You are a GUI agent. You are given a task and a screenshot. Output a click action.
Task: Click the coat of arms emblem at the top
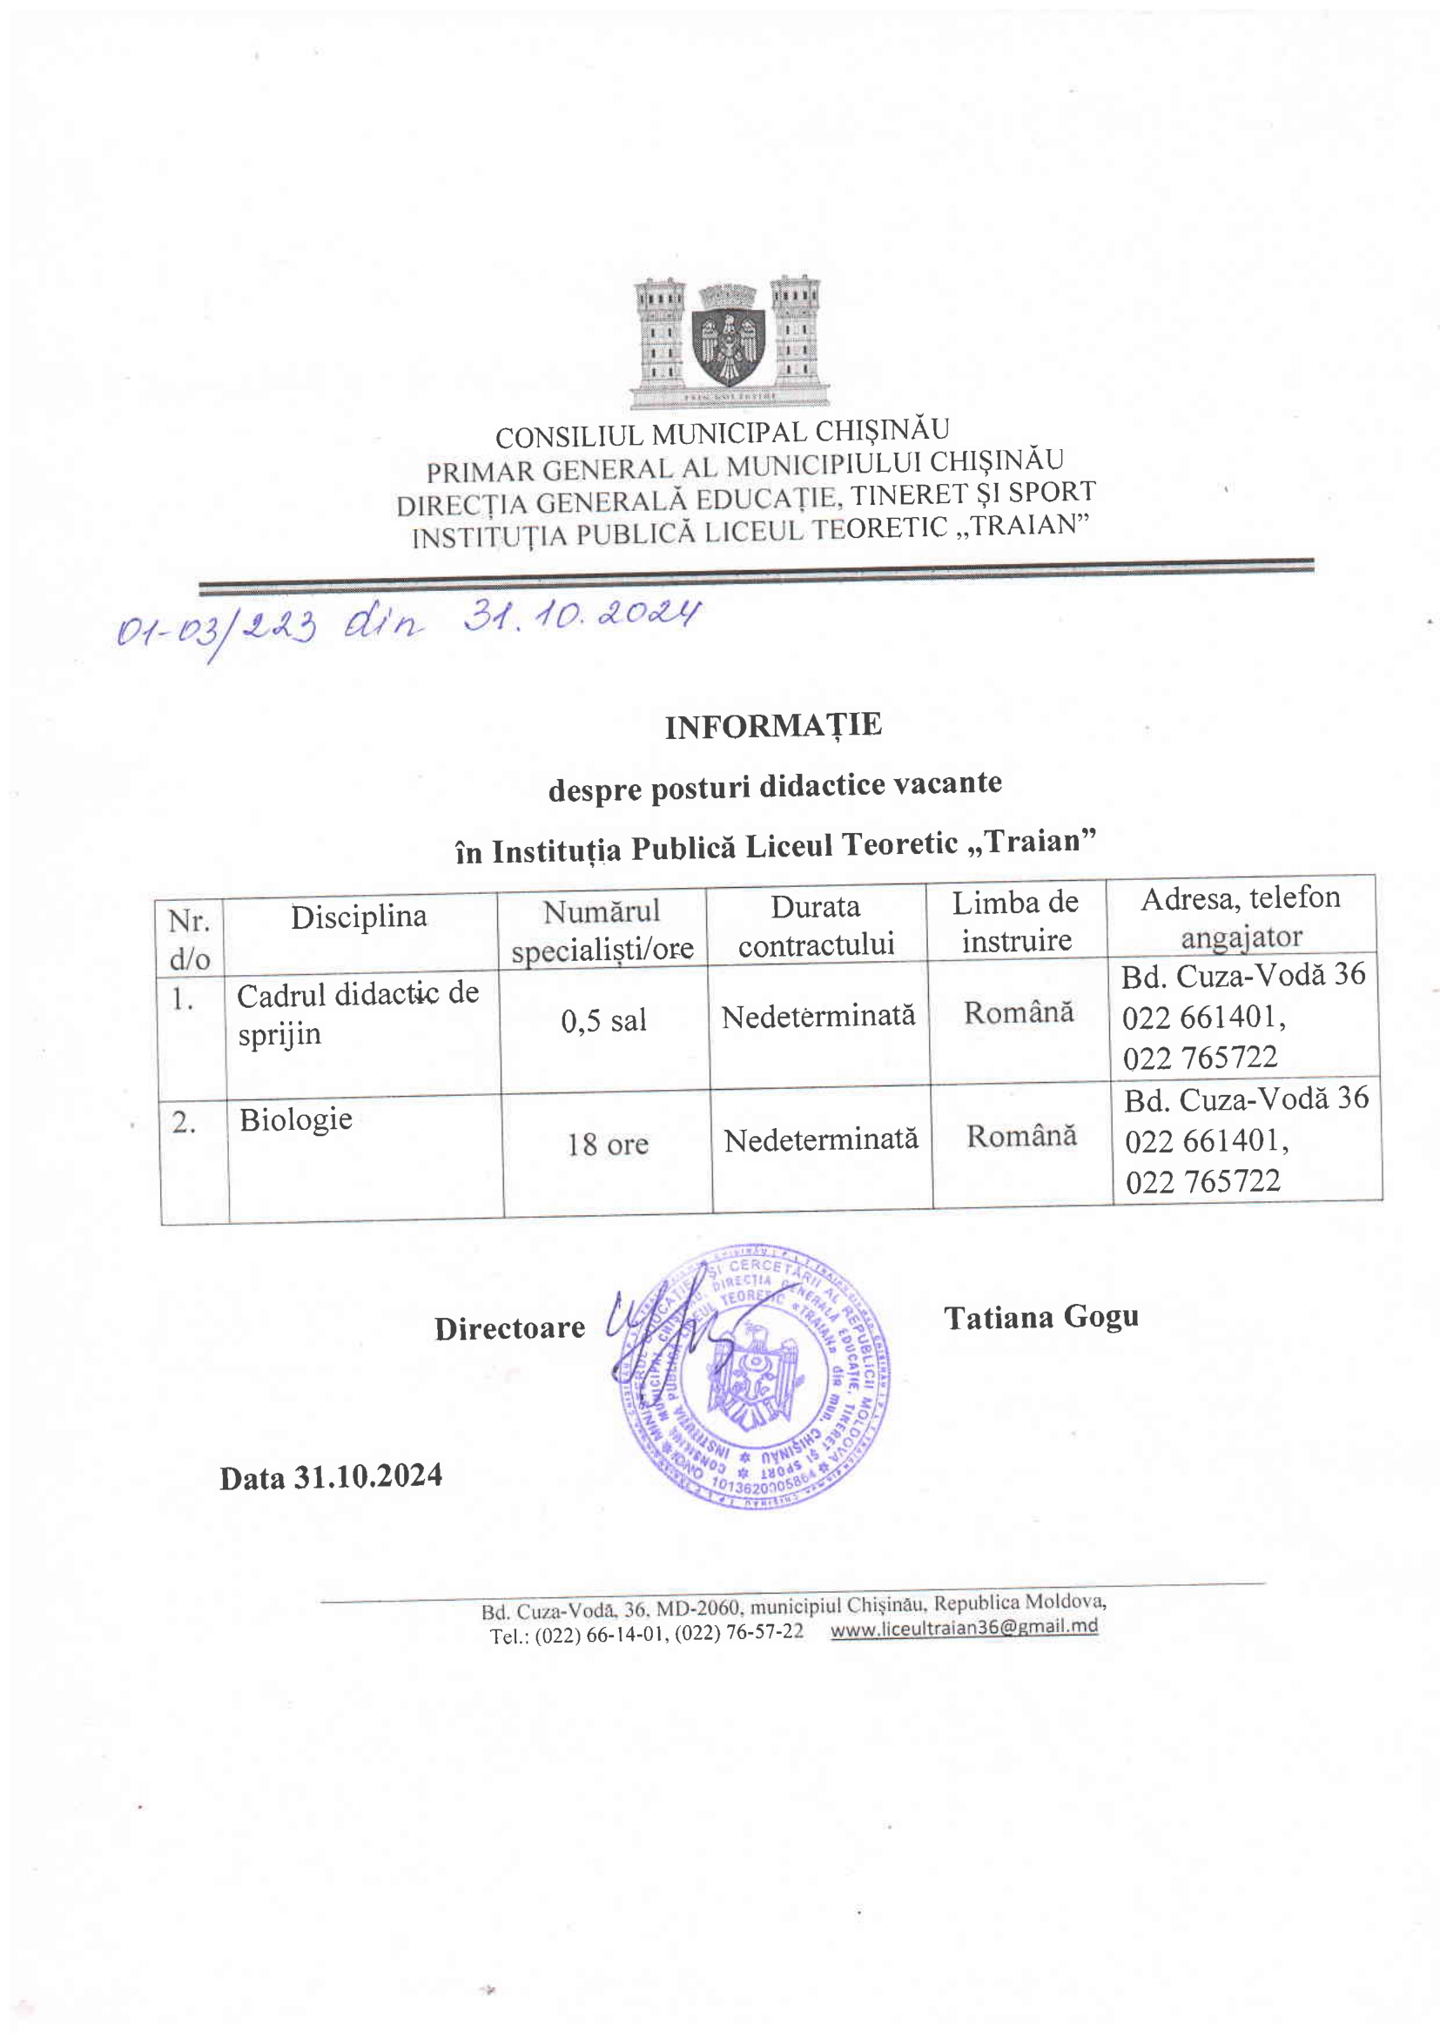click(x=730, y=341)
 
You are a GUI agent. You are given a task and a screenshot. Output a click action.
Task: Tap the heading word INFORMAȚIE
click(x=773, y=725)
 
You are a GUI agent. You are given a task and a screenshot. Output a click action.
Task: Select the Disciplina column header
click(x=359, y=916)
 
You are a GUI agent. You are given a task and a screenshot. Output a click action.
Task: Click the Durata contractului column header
click(x=816, y=925)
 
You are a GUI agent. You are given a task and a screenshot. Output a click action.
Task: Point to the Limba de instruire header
click(x=1016, y=920)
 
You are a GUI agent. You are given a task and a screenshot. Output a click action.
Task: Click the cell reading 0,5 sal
click(x=604, y=1021)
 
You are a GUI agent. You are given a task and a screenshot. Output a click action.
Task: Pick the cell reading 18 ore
click(x=608, y=1144)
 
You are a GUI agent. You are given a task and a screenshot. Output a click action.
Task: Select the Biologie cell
click(x=296, y=1119)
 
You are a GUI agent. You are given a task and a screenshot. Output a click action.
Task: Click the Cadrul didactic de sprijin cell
click(x=357, y=1012)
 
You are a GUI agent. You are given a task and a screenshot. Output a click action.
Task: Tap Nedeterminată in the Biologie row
click(x=821, y=1139)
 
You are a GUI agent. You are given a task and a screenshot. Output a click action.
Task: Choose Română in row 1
click(x=1019, y=1011)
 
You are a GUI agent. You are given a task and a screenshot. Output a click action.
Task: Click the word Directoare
click(x=510, y=1327)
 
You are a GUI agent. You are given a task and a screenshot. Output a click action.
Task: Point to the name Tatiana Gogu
click(x=1041, y=1318)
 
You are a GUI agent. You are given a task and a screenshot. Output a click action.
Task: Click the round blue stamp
click(x=756, y=1377)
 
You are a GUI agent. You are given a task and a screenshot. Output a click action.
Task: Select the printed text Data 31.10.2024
click(x=331, y=1476)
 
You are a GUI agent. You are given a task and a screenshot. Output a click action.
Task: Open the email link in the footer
click(x=964, y=1627)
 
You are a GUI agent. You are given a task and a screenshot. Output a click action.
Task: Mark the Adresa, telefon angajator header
click(x=1241, y=917)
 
